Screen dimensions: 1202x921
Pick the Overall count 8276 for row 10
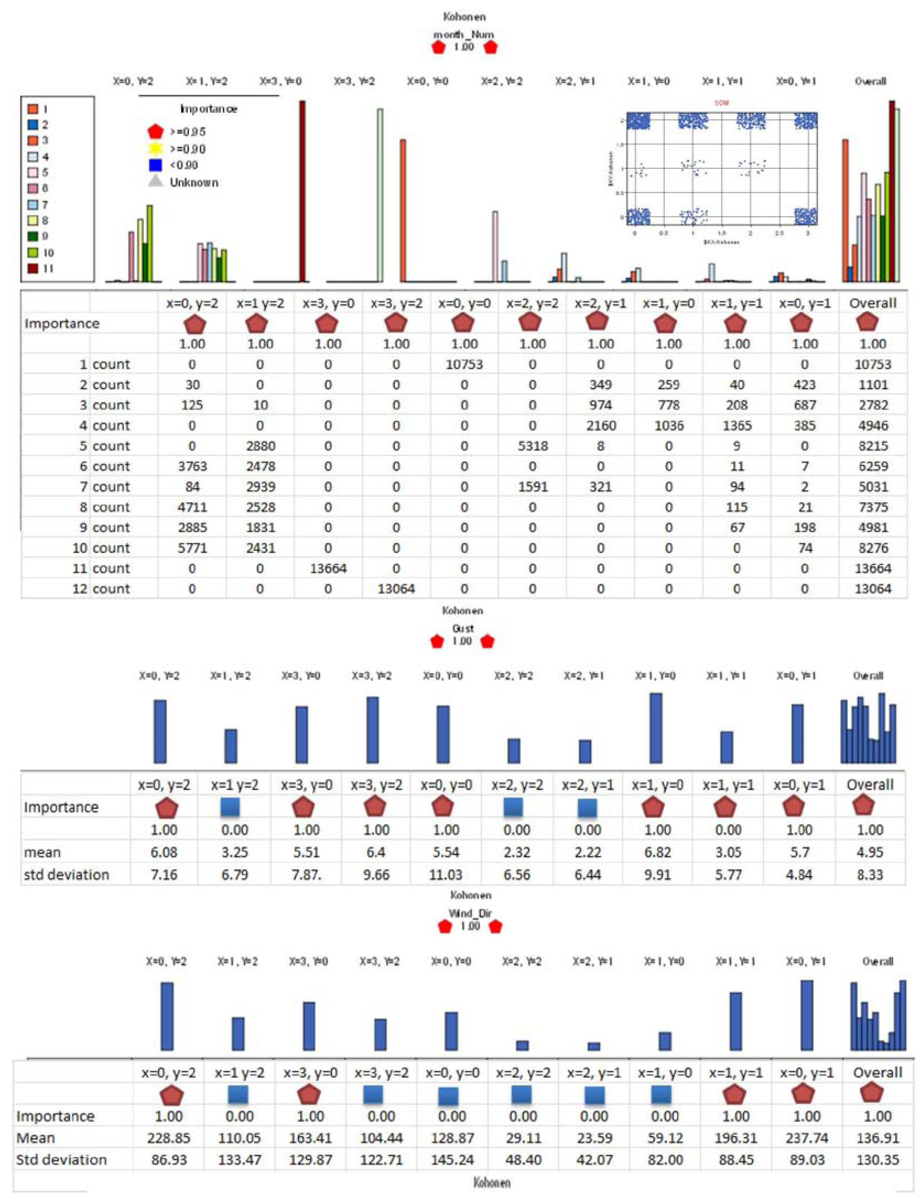point(873,548)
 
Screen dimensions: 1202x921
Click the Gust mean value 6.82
point(657,852)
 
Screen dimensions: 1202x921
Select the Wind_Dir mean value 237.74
point(806,1138)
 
